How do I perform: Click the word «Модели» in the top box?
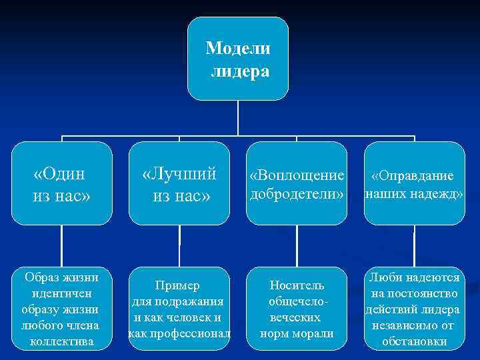click(238, 48)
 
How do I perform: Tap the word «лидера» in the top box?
click(240, 71)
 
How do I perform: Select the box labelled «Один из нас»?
click(62, 183)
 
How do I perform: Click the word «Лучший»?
click(179, 174)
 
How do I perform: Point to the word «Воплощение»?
click(297, 175)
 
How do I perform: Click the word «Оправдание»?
click(413, 175)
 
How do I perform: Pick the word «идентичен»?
click(61, 293)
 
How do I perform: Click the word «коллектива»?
click(61, 342)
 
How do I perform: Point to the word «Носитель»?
click(297, 286)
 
